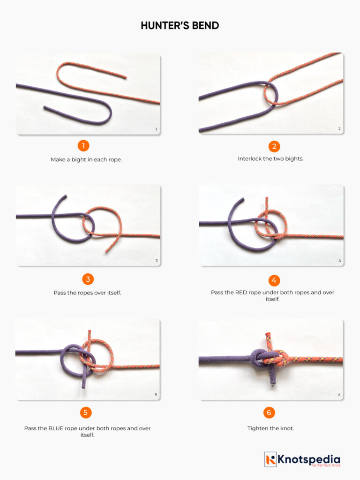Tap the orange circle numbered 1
tap(83, 145)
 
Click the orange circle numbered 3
tap(87, 279)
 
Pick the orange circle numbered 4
tap(274, 280)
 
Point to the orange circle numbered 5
tap(86, 412)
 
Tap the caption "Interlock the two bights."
tap(270, 158)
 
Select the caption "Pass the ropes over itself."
tap(87, 293)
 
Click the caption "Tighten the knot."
tap(270, 428)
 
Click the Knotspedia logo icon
tap(270, 459)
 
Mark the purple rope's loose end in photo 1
tap(45, 108)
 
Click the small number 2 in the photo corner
tap(339, 129)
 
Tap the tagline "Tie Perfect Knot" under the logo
tap(325, 465)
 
